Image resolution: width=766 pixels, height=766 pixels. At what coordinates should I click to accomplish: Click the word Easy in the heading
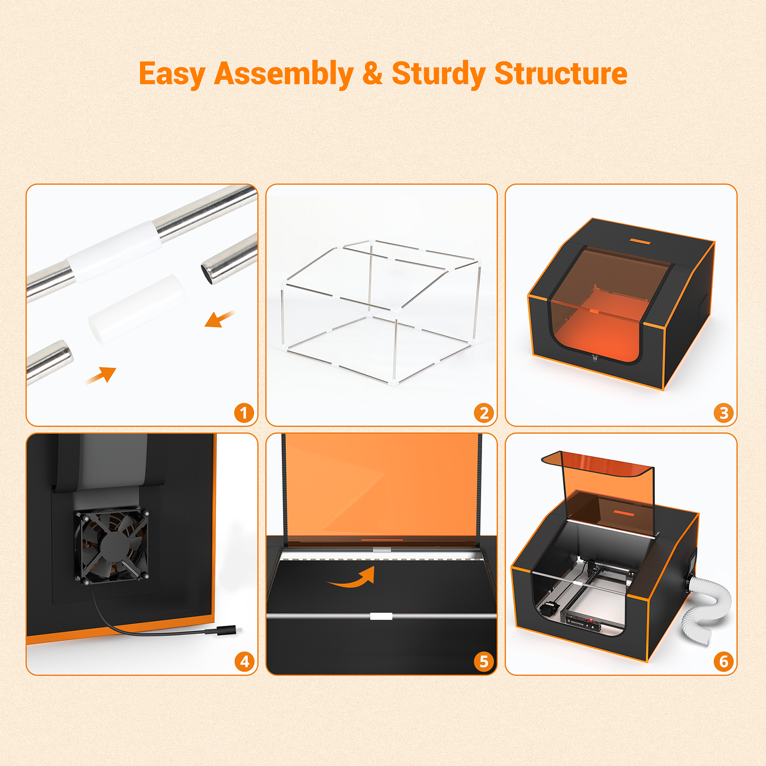pyautogui.click(x=172, y=74)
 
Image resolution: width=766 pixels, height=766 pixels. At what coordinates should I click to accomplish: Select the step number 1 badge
pyautogui.click(x=244, y=413)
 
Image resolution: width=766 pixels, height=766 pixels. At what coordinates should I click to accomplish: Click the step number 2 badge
pyautogui.click(x=484, y=413)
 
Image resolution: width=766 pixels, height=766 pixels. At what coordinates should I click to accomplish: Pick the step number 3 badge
pyautogui.click(x=723, y=413)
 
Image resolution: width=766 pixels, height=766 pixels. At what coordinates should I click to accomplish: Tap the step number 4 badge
pyautogui.click(x=244, y=662)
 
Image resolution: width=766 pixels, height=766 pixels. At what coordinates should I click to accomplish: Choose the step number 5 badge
pyautogui.click(x=484, y=662)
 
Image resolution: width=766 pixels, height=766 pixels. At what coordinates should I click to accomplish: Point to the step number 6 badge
pyautogui.click(x=723, y=662)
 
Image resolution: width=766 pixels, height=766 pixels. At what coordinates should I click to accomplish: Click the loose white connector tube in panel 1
pyautogui.click(x=136, y=309)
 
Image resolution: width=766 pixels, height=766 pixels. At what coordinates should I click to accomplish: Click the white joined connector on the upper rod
pyautogui.click(x=114, y=251)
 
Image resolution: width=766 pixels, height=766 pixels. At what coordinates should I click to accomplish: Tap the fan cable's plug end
pyautogui.click(x=225, y=631)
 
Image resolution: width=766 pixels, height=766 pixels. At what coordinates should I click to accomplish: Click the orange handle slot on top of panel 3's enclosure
pyautogui.click(x=640, y=241)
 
